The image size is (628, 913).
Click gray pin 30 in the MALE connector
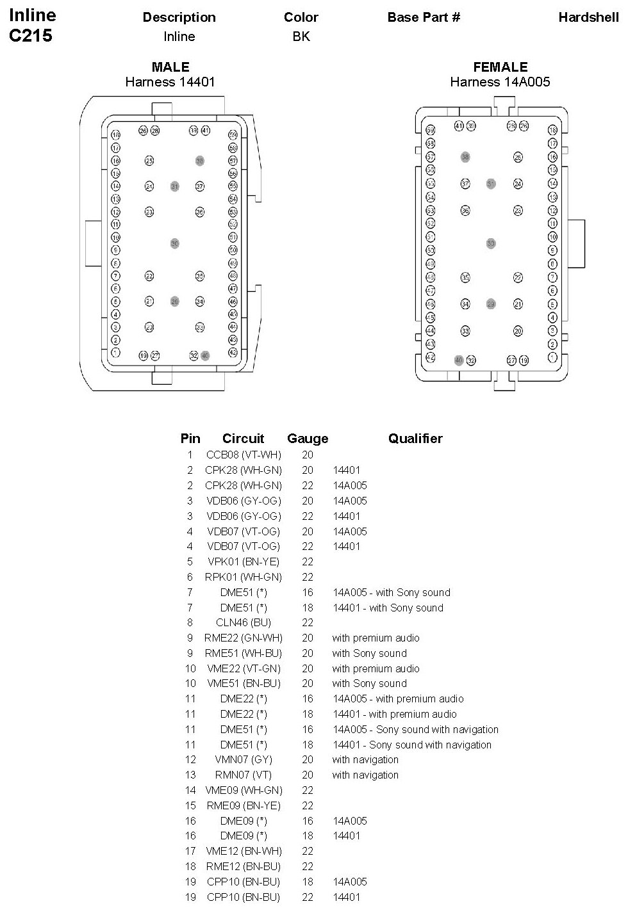click(x=174, y=243)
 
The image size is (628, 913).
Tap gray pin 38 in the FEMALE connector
click(x=465, y=157)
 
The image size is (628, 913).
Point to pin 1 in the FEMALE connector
click(x=552, y=357)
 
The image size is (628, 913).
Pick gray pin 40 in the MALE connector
click(x=205, y=355)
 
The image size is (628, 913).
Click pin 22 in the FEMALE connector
click(x=518, y=277)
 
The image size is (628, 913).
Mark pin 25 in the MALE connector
click(x=149, y=161)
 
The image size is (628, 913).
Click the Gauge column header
click(x=308, y=439)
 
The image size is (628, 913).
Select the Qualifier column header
click(x=415, y=439)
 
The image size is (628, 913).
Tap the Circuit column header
click(x=243, y=439)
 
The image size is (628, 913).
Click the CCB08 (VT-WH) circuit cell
click(x=244, y=455)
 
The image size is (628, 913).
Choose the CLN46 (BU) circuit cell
click(x=244, y=622)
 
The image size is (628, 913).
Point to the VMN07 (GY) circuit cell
click(x=244, y=759)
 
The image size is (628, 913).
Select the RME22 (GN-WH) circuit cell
click(x=244, y=638)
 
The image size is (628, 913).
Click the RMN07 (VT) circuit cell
click(x=244, y=775)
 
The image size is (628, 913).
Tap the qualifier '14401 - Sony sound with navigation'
click(x=411, y=745)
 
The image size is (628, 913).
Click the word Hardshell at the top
click(x=588, y=17)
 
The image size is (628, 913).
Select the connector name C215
click(x=31, y=36)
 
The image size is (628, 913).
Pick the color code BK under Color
click(x=301, y=36)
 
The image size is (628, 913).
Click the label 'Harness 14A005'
click(x=500, y=82)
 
